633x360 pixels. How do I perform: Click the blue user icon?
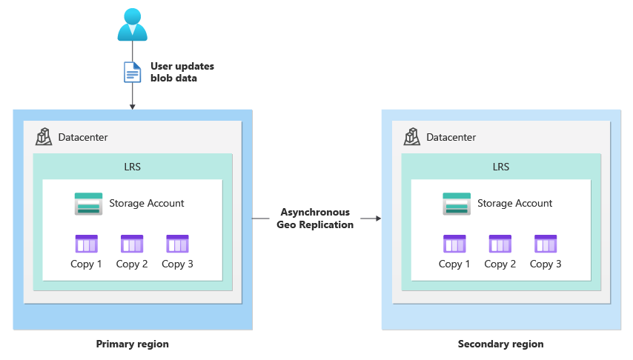[x=133, y=24]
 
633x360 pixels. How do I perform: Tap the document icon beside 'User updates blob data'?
[x=132, y=72]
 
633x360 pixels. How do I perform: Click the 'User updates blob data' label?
[x=182, y=72]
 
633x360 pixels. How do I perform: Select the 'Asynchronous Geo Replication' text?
[x=315, y=219]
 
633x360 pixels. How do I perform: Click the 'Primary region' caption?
[x=132, y=344]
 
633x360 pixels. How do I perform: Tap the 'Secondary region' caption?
[x=500, y=344]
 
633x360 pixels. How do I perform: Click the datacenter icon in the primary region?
[x=44, y=137]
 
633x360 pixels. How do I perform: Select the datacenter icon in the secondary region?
[x=412, y=137]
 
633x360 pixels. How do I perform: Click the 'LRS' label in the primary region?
[x=133, y=167]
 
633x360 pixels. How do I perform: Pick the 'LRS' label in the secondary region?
[x=501, y=167]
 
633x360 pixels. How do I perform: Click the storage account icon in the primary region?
[x=88, y=204]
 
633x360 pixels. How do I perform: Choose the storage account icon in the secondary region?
[x=457, y=204]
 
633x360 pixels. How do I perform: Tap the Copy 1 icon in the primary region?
[x=87, y=244]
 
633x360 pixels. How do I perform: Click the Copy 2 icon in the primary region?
[x=132, y=244]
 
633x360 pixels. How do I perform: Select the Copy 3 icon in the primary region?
[x=178, y=244]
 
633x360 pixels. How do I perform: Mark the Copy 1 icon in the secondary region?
[x=454, y=244]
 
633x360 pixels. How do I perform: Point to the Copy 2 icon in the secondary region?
[x=500, y=244]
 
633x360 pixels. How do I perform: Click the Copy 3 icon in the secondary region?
[x=546, y=244]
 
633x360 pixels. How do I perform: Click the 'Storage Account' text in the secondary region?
[x=514, y=203]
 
